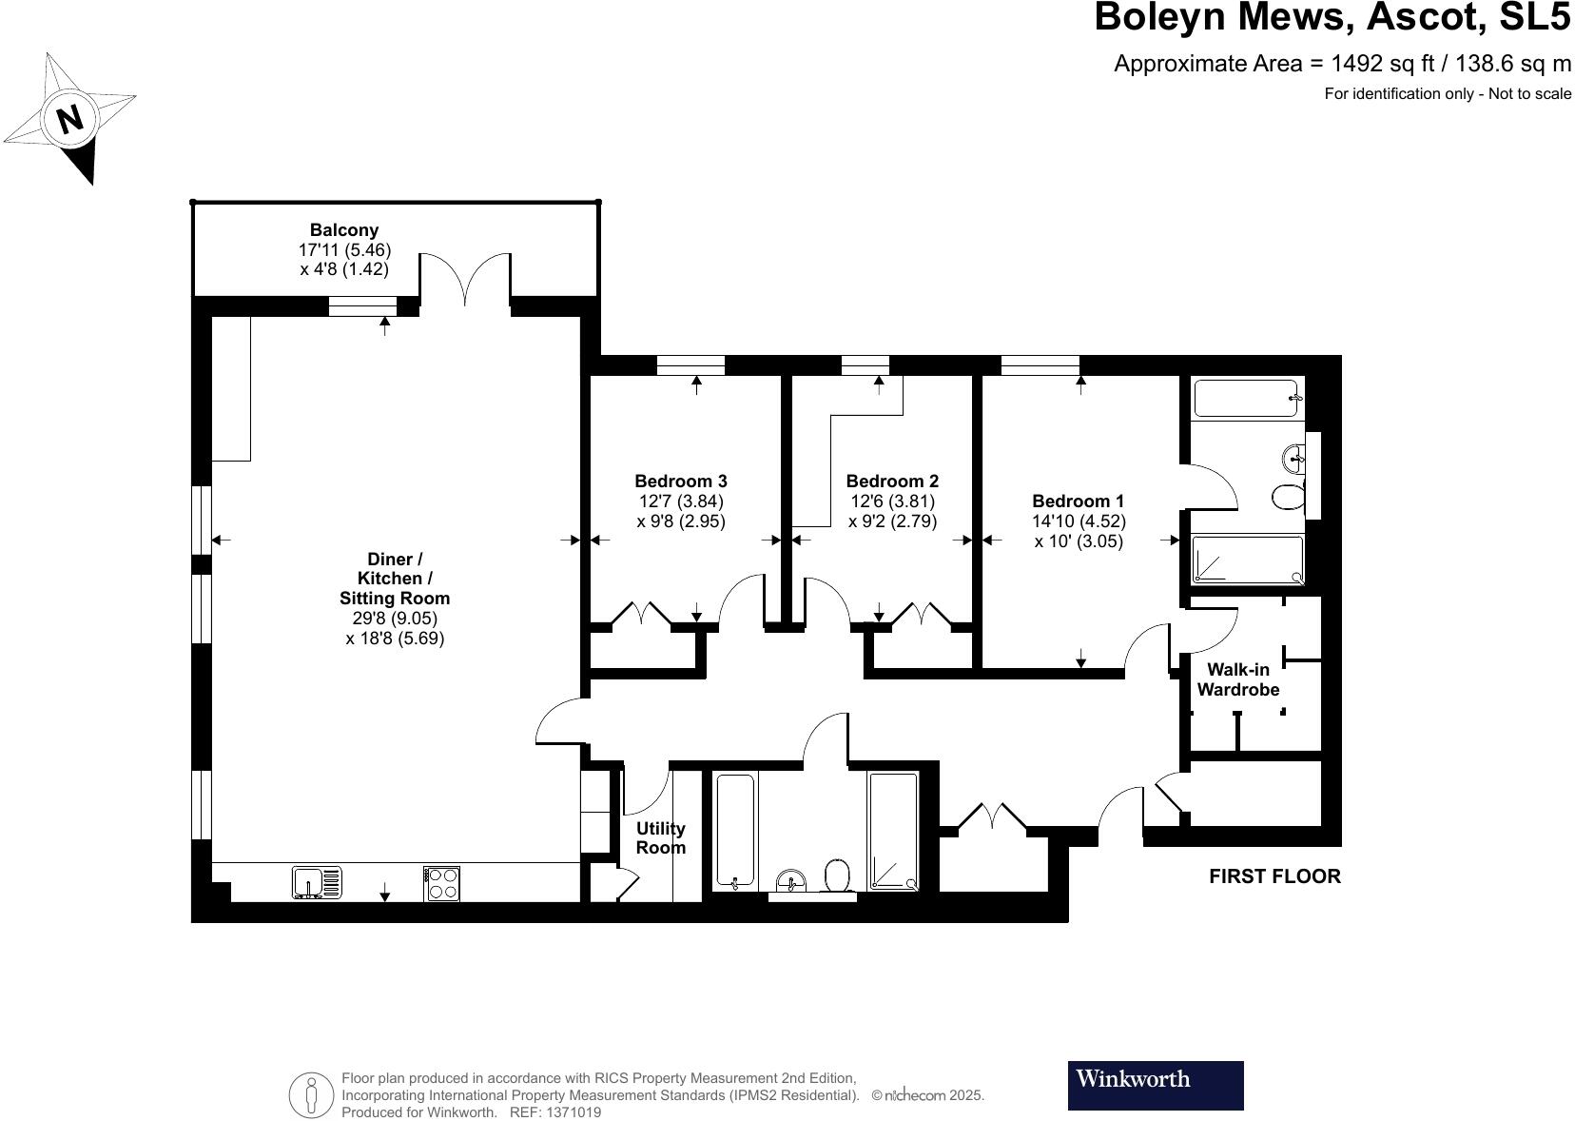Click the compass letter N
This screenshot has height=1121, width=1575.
click(69, 119)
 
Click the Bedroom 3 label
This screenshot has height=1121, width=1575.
click(681, 482)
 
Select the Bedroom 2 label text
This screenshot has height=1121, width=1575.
click(892, 482)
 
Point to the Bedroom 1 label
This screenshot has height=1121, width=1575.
click(1079, 501)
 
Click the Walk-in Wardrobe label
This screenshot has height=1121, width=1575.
click(1237, 679)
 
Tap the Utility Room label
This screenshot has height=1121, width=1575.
click(660, 837)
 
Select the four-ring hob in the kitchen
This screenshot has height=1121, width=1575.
click(442, 883)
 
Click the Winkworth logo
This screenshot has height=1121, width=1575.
click(1155, 1085)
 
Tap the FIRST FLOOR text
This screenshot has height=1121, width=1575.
click(1274, 876)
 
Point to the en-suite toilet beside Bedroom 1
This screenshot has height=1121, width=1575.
click(1288, 498)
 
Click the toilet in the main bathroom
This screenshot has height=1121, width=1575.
click(837, 875)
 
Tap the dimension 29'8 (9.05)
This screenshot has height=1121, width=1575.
click(394, 618)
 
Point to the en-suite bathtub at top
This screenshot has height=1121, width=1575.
click(1247, 398)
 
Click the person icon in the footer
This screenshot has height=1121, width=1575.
click(310, 1094)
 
